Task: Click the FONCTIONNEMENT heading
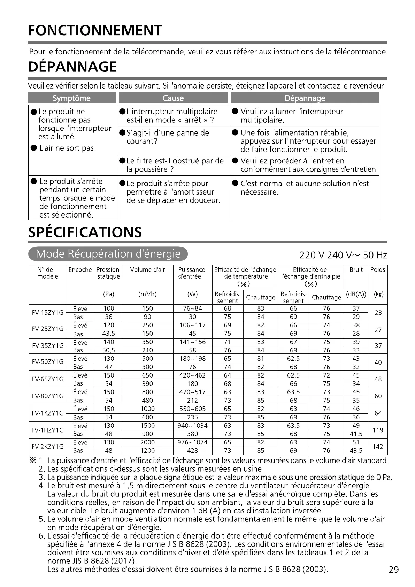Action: (95, 31)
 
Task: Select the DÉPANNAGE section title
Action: (72, 67)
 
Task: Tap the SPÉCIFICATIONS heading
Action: (85, 232)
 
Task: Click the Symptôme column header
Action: (71, 98)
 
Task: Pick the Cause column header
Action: (173, 98)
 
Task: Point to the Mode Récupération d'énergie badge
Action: (108, 254)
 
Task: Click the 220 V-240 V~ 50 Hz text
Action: (343, 256)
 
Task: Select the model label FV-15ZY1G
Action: (48, 313)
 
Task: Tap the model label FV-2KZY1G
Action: (48, 447)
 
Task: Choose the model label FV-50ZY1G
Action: (48, 363)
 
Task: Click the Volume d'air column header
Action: (147, 270)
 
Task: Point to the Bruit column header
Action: (356, 270)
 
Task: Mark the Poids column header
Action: (378, 270)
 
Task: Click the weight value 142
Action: (378, 447)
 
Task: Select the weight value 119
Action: (378, 430)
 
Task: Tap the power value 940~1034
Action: (192, 426)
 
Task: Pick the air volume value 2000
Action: (147, 442)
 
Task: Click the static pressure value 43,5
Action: (109, 334)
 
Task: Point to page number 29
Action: (393, 570)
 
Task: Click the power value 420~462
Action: (192, 375)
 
